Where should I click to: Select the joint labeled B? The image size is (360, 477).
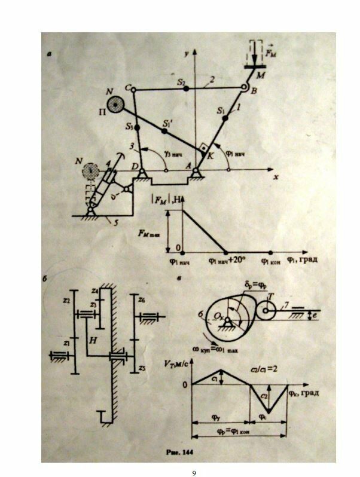pos(245,90)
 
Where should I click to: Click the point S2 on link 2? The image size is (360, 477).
pos(187,88)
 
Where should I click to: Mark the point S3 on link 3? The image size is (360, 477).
pos(137,127)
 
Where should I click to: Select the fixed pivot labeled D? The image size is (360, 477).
pos(142,172)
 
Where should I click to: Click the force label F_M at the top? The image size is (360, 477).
pos(270,56)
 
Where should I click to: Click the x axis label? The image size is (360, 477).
pos(276,178)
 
